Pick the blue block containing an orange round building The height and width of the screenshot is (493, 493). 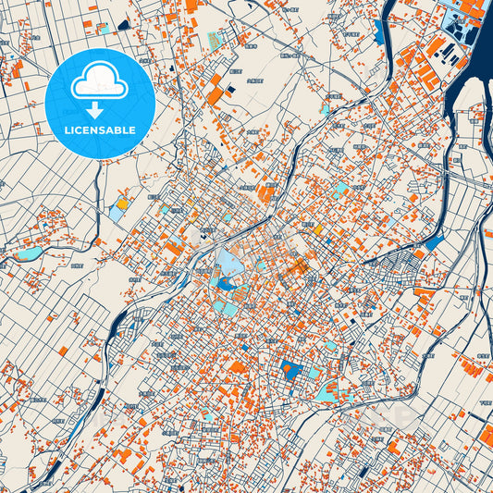coord(291,372)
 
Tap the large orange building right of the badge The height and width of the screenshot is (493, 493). coord(215,94)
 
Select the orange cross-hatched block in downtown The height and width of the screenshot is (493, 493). coord(298,267)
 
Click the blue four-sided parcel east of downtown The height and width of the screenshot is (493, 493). coord(433,243)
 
